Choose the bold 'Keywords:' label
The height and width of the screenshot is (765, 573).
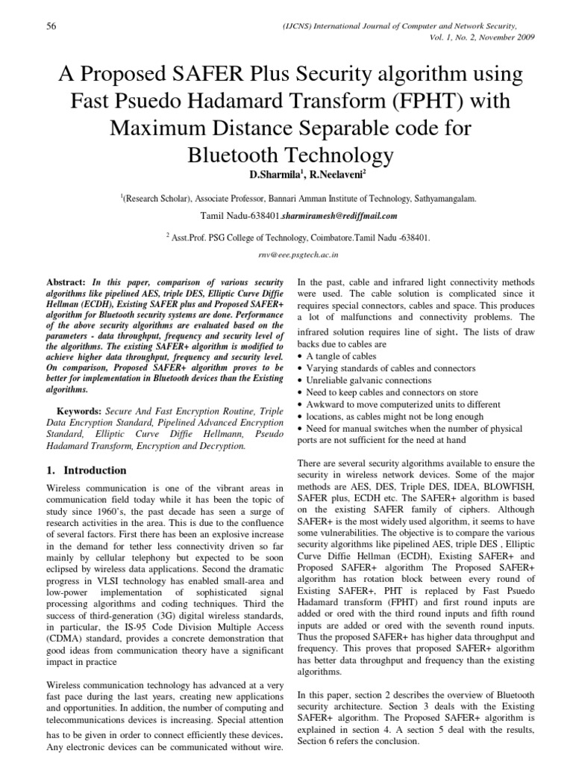[81, 411]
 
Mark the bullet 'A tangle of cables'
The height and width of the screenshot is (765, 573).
[339, 356]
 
